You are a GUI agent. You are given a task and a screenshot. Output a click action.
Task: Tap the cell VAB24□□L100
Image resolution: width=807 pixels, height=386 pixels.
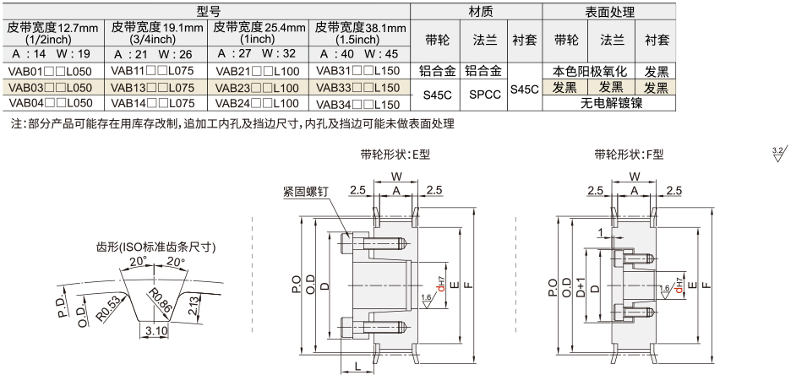(257, 103)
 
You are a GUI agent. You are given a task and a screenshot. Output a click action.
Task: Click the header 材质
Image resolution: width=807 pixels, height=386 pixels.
(476, 12)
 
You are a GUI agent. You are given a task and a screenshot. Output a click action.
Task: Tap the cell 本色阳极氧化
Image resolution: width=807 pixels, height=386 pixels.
(589, 72)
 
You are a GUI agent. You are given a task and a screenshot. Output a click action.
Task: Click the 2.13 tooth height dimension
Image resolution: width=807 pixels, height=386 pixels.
(194, 305)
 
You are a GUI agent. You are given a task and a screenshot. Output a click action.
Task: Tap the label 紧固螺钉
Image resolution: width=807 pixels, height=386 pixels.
(303, 192)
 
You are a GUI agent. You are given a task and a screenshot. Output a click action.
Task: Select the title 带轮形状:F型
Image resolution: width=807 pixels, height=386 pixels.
(629, 155)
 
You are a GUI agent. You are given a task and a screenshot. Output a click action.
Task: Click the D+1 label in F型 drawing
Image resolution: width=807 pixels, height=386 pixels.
(581, 287)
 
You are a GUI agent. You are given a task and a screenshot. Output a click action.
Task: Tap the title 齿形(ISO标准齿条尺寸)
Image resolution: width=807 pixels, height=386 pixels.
(155, 247)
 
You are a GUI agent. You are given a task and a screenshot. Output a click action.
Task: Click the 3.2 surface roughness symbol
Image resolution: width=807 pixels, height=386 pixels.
(778, 153)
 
